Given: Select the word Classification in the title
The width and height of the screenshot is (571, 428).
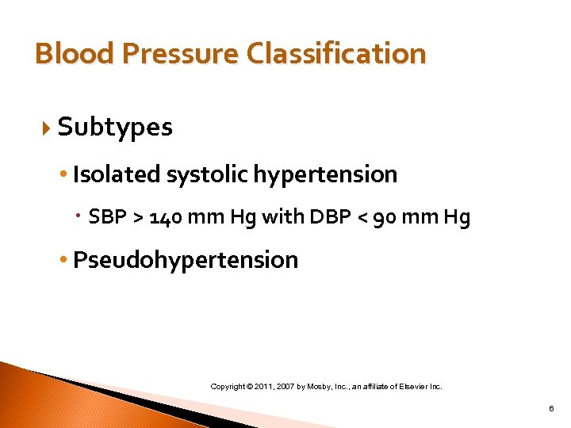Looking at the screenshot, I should [336, 54].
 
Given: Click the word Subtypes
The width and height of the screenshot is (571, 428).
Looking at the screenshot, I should [115, 127].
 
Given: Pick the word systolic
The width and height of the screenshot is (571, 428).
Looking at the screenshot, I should [197, 174].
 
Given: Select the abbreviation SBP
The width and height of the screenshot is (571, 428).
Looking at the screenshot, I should [105, 217].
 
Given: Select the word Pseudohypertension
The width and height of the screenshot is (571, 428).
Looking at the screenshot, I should [186, 260].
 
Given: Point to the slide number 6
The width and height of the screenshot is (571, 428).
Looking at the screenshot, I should [550, 409].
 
